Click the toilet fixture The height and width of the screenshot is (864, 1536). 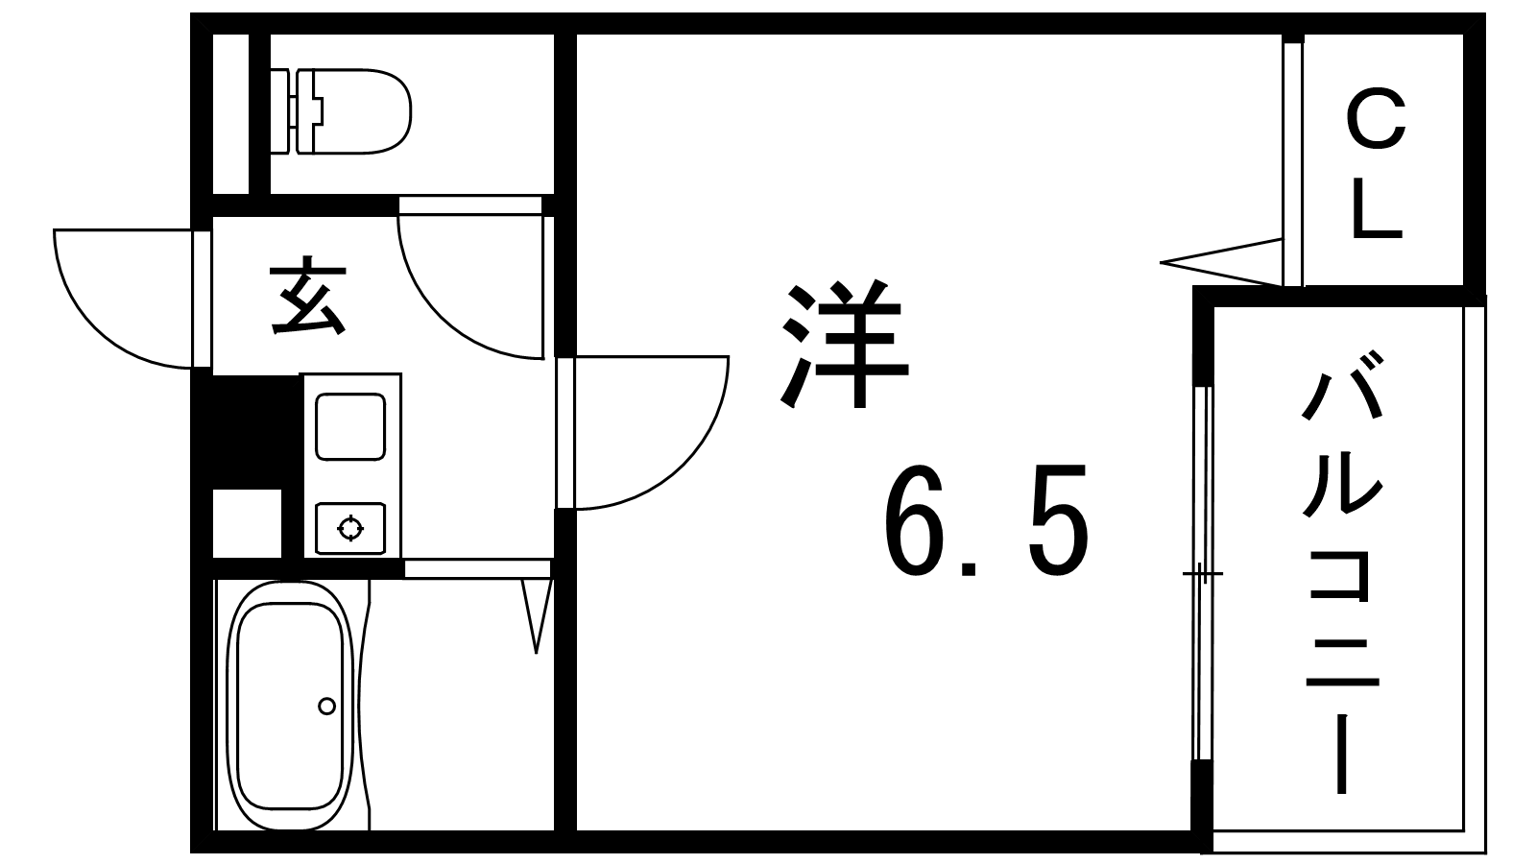341,111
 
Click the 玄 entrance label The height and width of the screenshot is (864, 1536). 306,296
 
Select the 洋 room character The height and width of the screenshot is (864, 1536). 844,346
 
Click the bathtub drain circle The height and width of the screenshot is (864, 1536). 327,706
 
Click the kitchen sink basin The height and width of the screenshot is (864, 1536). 349,426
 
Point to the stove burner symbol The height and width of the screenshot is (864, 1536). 350,528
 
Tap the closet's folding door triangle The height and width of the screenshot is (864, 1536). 1221,262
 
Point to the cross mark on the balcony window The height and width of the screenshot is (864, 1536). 1201,572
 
